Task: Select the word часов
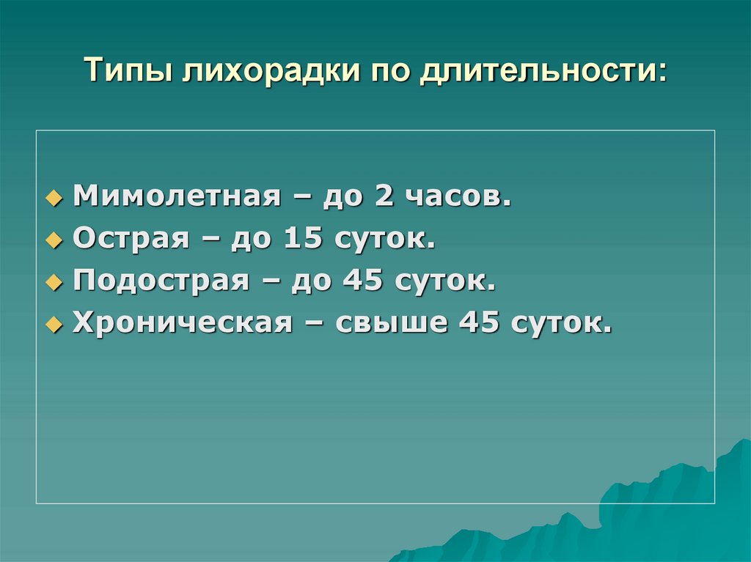tap(451, 196)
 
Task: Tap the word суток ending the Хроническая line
tap(561, 323)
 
